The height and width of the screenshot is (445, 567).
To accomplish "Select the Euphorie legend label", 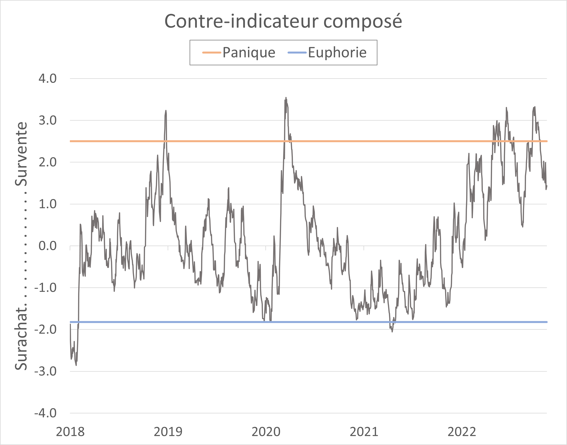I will [x=337, y=53].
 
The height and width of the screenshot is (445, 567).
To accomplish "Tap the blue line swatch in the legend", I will [x=297, y=53].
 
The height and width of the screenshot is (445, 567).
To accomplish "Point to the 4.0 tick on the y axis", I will [x=47, y=78].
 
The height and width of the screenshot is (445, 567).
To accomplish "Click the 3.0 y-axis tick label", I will [x=47, y=120].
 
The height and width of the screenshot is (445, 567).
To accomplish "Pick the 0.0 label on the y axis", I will [x=47, y=246].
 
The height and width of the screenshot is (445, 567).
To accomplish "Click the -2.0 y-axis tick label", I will [x=45, y=329].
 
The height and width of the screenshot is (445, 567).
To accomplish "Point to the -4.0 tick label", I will [x=45, y=413].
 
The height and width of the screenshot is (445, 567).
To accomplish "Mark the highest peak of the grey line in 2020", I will [x=286, y=98].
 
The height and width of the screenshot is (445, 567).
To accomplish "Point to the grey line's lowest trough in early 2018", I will [x=76, y=365].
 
